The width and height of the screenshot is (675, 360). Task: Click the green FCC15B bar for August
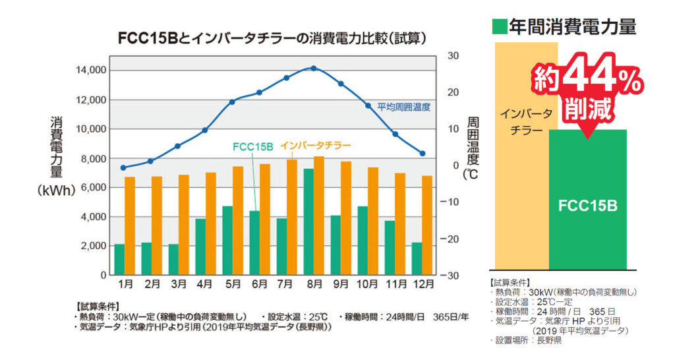tap(308, 222)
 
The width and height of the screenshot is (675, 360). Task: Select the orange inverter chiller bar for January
tap(130, 225)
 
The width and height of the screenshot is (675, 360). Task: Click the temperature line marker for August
tap(314, 68)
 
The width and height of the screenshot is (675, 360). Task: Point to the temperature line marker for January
tap(123, 168)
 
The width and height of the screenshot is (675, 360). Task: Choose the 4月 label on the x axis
tap(205, 285)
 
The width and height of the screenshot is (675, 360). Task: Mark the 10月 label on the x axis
tap(368, 285)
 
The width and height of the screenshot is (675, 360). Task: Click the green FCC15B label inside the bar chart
tap(253, 146)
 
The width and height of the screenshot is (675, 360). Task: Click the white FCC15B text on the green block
tap(587, 206)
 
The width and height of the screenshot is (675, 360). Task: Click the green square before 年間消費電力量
tap(500, 26)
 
